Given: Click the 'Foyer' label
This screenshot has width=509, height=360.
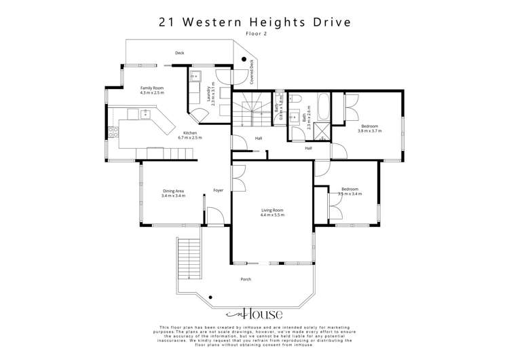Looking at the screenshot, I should [218, 190].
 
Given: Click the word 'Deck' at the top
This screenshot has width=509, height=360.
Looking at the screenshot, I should [179, 52].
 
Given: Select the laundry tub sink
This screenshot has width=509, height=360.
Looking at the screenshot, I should [194, 76].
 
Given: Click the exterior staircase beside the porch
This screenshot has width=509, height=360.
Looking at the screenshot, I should [190, 261].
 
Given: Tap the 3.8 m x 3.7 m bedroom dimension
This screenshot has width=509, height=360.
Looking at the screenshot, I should [371, 130].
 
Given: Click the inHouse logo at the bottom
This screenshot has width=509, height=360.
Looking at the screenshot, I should [254, 314].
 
